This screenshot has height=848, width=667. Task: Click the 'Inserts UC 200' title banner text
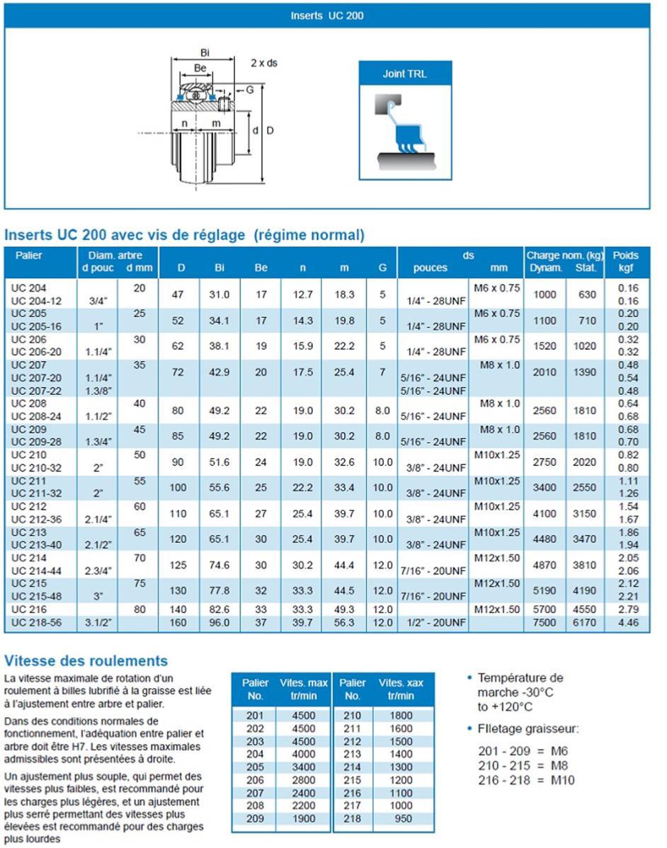(x=327, y=15)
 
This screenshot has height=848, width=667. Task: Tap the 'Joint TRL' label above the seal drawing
(x=404, y=74)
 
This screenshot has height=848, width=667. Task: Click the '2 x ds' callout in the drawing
(x=264, y=63)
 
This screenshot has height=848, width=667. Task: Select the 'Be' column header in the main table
(x=261, y=268)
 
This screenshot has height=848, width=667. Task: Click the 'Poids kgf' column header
(x=625, y=262)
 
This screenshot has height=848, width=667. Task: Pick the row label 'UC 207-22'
(x=37, y=391)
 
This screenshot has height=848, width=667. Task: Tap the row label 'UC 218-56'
(x=37, y=623)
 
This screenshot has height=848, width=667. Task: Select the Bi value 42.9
(x=221, y=372)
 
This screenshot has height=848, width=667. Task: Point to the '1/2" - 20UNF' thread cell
(x=436, y=623)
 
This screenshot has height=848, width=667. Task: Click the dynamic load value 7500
(x=545, y=623)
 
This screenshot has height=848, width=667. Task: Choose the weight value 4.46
(x=627, y=623)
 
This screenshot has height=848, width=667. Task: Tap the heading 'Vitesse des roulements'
(x=86, y=661)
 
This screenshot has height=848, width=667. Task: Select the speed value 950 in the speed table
(x=401, y=819)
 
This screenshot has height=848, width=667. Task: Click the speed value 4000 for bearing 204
(x=304, y=755)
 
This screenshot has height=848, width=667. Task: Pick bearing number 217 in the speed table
(x=352, y=806)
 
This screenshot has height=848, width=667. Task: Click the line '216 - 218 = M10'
(x=527, y=780)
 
